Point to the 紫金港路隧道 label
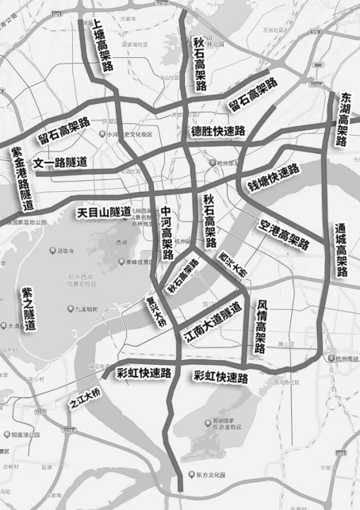pyautogui.click(x=21, y=176)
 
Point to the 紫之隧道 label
pyautogui.click(x=28, y=309)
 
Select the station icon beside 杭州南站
pyautogui.click(x=331, y=359)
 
